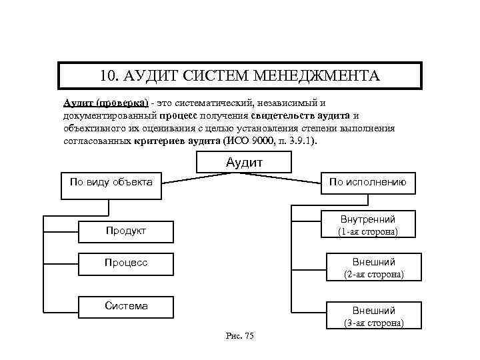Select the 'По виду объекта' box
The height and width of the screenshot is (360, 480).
click(x=111, y=186)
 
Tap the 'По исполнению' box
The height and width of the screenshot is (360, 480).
click(x=367, y=183)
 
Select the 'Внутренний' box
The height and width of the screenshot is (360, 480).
click(x=368, y=219)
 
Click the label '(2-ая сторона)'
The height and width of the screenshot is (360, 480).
click(x=373, y=274)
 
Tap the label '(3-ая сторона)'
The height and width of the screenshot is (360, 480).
click(x=373, y=323)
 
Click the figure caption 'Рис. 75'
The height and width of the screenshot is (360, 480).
click(x=240, y=335)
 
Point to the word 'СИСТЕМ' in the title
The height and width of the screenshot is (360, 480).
click(x=215, y=75)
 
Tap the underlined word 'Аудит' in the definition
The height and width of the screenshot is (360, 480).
click(x=78, y=103)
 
